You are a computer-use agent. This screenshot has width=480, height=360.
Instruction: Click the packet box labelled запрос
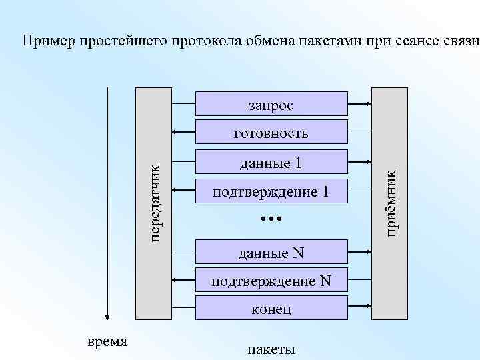[x=271, y=104]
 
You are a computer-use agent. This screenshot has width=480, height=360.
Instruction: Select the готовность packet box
[x=271, y=133]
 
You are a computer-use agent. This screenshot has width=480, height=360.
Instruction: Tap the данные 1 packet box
[x=271, y=163]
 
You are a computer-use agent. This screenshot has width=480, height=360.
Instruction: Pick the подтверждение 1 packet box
[x=271, y=192]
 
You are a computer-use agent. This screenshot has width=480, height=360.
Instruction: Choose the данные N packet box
[x=271, y=252]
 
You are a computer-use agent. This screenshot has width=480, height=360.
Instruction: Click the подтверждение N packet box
[x=271, y=281]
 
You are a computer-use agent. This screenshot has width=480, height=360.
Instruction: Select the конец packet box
[x=271, y=309]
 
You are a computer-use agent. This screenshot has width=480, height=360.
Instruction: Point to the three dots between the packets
[x=271, y=218]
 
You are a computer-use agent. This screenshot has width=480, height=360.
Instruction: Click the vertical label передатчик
[x=154, y=203]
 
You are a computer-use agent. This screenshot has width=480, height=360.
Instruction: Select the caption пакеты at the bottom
[x=271, y=349]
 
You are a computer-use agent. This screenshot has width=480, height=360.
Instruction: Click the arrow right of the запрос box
[x=360, y=104]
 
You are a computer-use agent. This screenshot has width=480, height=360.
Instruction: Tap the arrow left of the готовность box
[x=183, y=133]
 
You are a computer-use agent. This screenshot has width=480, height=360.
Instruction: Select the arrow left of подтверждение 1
[x=183, y=192]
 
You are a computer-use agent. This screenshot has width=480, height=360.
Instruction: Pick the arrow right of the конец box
[x=360, y=309]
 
